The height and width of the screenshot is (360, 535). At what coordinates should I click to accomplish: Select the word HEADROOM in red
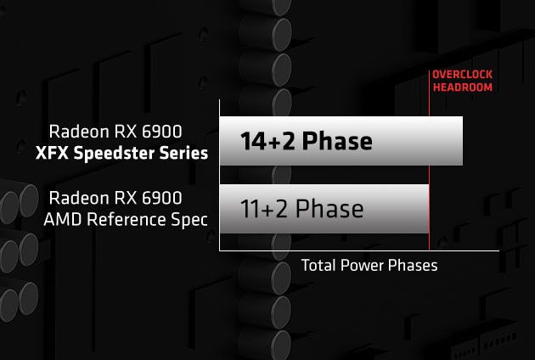click(462, 87)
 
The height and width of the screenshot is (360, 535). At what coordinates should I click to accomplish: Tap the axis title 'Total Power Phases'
click(369, 266)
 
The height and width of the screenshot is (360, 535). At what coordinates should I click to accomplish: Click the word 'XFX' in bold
click(50, 153)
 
